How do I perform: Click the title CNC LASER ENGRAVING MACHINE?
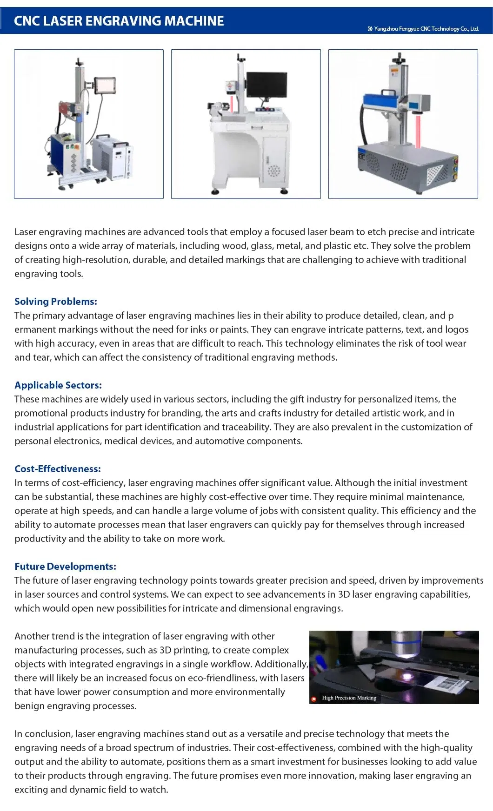(119, 21)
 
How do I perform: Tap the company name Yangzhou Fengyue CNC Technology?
(426, 29)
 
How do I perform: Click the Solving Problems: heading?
(56, 301)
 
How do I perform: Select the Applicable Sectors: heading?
(58, 385)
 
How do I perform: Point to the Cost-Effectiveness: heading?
(58, 468)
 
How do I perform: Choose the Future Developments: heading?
(65, 566)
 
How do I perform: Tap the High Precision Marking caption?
(349, 698)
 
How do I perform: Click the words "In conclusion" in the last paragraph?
(43, 733)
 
